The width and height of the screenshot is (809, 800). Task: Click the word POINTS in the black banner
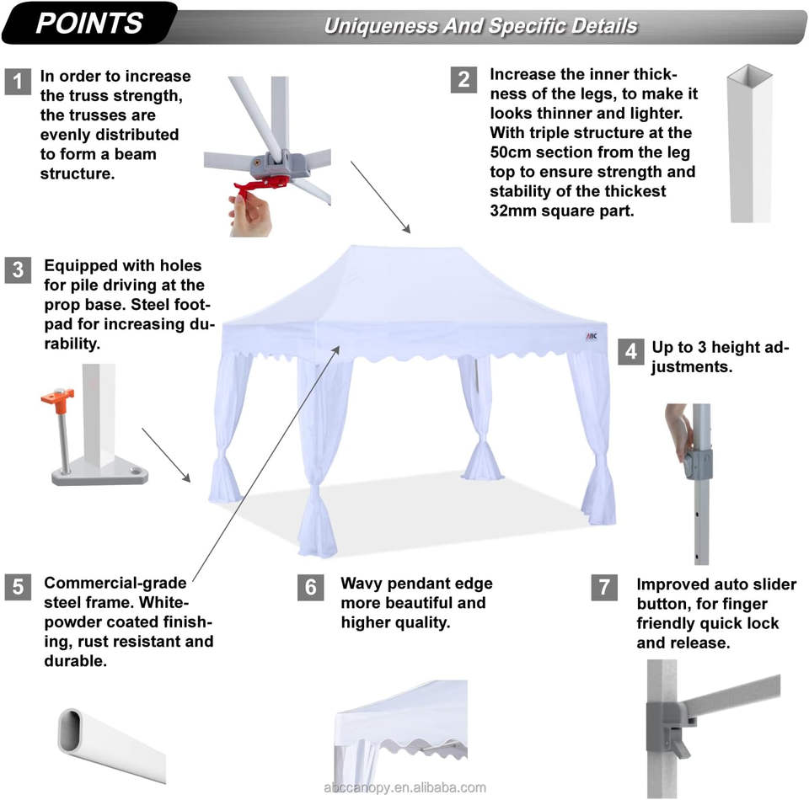pyautogui.click(x=89, y=24)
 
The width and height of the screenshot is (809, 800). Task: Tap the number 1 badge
pyautogui.click(x=18, y=82)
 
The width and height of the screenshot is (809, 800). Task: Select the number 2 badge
pyautogui.click(x=463, y=79)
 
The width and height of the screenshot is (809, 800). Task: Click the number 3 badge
pyautogui.click(x=18, y=269)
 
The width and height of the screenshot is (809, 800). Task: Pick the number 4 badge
pyautogui.click(x=631, y=351)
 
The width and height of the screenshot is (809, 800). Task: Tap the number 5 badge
pyautogui.click(x=18, y=587)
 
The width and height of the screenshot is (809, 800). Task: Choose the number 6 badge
pyautogui.click(x=311, y=587)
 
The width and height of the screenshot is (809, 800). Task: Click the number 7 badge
pyautogui.click(x=604, y=587)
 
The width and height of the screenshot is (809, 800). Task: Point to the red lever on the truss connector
pyautogui.click(x=260, y=185)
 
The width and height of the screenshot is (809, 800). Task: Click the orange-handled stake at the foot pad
pyautogui.click(x=60, y=429)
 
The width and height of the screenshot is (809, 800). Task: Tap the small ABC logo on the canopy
pyautogui.click(x=592, y=337)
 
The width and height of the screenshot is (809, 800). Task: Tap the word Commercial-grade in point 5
pyautogui.click(x=115, y=583)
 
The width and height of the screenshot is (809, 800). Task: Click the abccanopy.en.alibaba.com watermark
pyautogui.click(x=404, y=787)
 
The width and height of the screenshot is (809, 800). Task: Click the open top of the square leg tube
pyautogui.click(x=750, y=75)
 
